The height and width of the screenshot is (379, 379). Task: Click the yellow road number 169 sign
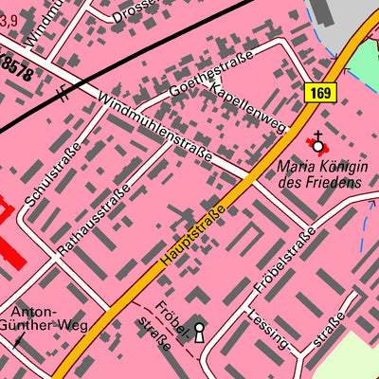[x=320, y=92]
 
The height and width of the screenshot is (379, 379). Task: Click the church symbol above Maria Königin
[x=317, y=143]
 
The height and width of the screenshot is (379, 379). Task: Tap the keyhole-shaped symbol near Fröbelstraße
[x=199, y=333]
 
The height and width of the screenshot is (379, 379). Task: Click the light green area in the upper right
[x=363, y=62]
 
